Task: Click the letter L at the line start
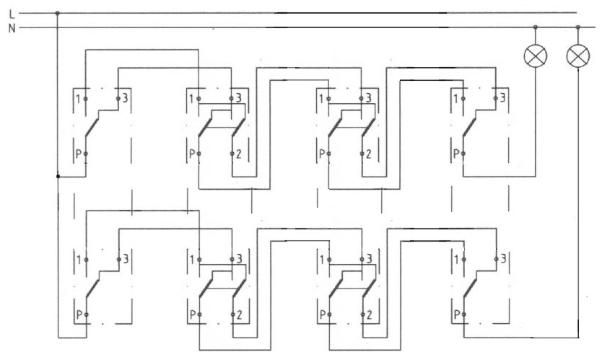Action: tap(12, 14)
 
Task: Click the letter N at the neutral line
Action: tap(12, 28)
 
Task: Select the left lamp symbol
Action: tap(536, 56)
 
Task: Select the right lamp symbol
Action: tap(578, 56)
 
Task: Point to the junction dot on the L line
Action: tap(57, 13)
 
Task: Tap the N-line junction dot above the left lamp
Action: tap(536, 27)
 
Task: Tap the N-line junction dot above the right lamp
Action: tap(578, 27)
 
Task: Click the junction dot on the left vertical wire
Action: tap(58, 177)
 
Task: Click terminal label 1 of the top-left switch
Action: tap(78, 99)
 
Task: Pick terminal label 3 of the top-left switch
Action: tap(125, 98)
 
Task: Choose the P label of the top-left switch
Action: tap(79, 154)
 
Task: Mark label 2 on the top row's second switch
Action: tap(238, 154)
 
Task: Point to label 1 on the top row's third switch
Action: tap(321, 99)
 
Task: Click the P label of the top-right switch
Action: tap(457, 154)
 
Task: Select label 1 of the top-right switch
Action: tap(456, 99)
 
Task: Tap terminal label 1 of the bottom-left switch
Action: tap(79, 260)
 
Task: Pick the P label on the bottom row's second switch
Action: tap(193, 315)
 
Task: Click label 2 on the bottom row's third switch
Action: tap(370, 315)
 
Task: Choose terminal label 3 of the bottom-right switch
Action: tap(503, 258)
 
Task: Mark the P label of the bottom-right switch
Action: tap(457, 315)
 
